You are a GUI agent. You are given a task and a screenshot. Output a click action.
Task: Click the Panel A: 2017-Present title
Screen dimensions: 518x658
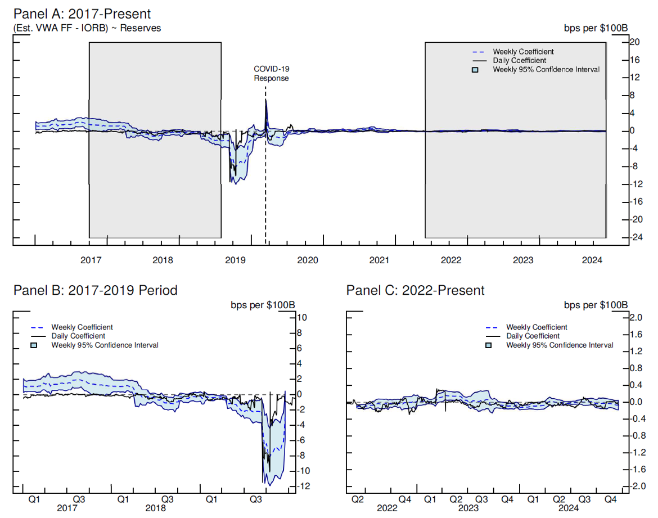coord(82,13)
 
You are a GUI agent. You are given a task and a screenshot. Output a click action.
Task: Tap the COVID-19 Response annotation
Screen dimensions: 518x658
coord(271,74)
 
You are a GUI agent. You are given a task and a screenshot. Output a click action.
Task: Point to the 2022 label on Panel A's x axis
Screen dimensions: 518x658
coord(451,260)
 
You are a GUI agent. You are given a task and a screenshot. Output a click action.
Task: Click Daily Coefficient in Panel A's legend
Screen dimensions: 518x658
coord(519,61)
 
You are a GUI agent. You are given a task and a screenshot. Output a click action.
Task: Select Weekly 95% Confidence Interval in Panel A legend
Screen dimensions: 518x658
coord(546,70)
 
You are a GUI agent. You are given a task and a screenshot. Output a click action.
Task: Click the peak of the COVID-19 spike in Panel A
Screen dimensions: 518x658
coord(265,100)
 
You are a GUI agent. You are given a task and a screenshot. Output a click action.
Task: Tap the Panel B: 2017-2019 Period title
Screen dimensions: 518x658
coord(95,290)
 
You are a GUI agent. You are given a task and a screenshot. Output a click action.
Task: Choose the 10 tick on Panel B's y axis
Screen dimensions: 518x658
coord(302,318)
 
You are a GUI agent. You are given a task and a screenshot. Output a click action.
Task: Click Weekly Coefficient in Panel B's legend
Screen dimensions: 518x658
coord(82,327)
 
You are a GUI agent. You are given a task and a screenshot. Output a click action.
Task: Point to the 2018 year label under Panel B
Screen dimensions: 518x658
coord(156,508)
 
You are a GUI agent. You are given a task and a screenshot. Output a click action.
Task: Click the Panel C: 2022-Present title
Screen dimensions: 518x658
coord(415,290)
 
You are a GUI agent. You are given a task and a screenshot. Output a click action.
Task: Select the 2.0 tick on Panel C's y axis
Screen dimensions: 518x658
coord(636,318)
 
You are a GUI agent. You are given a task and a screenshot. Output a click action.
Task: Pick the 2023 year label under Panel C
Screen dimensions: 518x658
coord(468,508)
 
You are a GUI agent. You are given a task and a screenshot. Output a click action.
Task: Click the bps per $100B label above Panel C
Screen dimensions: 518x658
coord(595,305)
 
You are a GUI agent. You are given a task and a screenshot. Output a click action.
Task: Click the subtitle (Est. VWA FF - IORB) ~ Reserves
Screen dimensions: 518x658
coord(87,28)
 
